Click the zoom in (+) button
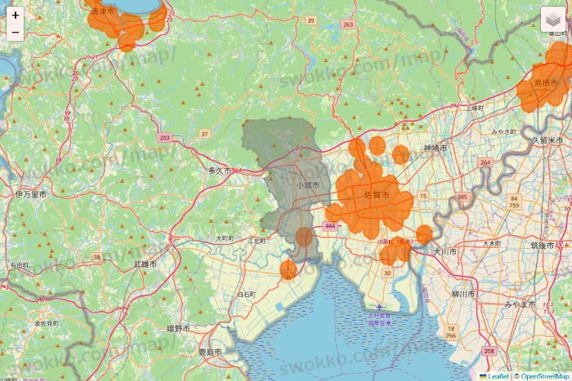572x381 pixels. [16, 15]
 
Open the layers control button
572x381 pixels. [553, 19]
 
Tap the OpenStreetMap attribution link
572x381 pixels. [544, 376]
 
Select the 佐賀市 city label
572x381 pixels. [377, 195]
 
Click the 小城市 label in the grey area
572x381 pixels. [308, 185]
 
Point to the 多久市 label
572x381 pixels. [219, 171]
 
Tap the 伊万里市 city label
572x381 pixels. [30, 195]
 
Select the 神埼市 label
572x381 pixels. [435, 148]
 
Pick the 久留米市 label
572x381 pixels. [547, 140]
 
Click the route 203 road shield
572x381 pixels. [165, 138]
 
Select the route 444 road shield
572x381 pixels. [330, 225]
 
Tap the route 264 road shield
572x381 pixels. [485, 162]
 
